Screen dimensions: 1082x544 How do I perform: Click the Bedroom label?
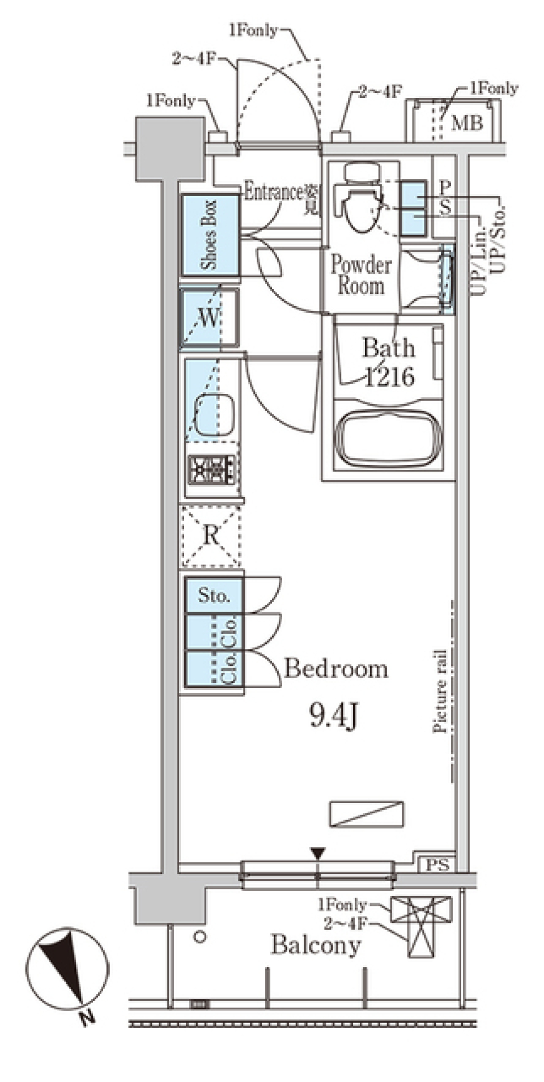click(x=335, y=669)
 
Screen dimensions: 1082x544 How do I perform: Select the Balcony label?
click(x=316, y=945)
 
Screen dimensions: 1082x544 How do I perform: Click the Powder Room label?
click(x=361, y=275)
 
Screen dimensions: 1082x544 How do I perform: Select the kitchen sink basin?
click(x=215, y=414)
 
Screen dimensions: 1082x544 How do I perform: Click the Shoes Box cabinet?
click(x=210, y=235)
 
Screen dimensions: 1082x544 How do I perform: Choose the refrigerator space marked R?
click(x=211, y=536)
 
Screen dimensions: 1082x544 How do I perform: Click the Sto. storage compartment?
click(x=214, y=596)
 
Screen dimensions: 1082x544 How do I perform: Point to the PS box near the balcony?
click(x=437, y=865)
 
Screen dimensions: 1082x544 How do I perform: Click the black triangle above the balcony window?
click(x=318, y=853)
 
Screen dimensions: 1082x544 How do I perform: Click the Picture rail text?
click(x=440, y=691)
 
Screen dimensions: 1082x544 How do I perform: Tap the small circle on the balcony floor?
click(x=199, y=937)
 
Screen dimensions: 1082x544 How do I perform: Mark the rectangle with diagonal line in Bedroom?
click(x=367, y=813)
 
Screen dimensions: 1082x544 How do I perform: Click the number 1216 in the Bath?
click(x=390, y=376)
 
